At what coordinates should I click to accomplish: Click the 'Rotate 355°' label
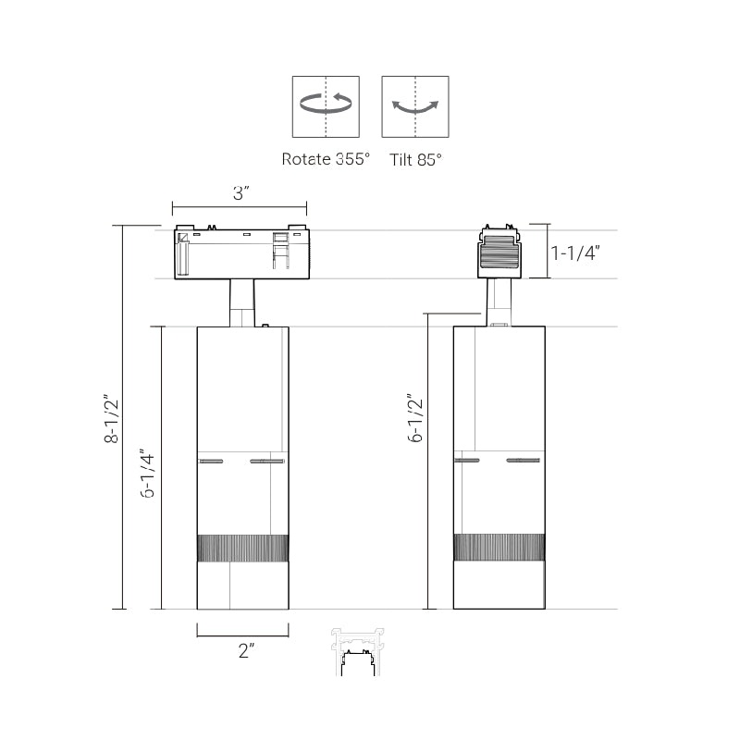[326, 159]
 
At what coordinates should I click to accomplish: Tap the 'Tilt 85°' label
[415, 159]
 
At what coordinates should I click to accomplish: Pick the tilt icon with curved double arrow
[415, 106]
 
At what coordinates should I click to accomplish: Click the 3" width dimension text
[240, 193]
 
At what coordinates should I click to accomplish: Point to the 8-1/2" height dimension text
[111, 419]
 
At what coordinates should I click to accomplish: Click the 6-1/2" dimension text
[414, 418]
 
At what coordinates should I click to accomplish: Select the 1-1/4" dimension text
[575, 253]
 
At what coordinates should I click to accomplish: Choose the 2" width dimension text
[246, 651]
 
